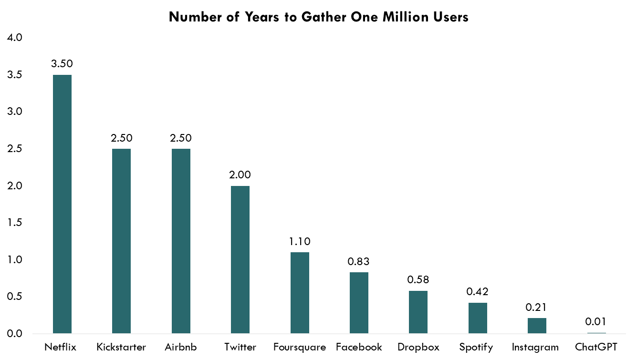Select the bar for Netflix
tap(62, 204)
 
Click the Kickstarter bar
tap(121, 241)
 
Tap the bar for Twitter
tap(240, 259)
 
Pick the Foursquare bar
tap(300, 293)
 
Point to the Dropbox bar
tap(418, 312)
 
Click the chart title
tap(318, 18)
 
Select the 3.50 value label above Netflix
tap(62, 64)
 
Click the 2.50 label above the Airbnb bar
tap(181, 138)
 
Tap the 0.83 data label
tap(359, 261)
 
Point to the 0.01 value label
tap(596, 322)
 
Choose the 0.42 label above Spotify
tap(478, 292)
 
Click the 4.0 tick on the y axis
tap(15, 38)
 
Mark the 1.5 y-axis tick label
tap(15, 223)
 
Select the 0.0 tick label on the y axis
tap(15, 334)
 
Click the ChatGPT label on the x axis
tap(596, 347)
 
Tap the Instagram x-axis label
tap(537, 347)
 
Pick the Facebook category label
tap(359, 347)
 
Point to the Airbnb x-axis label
tap(181, 347)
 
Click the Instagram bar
tap(537, 326)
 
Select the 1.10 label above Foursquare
tap(300, 242)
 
